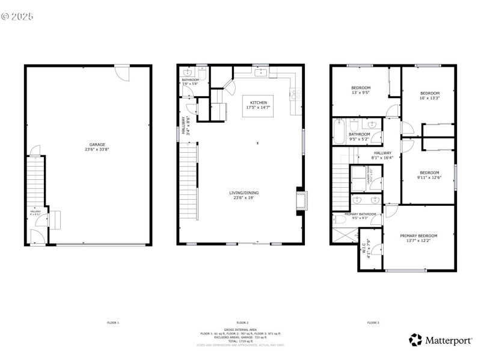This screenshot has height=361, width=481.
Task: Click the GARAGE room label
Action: (97, 144)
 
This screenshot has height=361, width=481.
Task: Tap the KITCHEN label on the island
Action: (258, 103)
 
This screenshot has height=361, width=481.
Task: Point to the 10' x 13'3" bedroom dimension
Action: (429, 98)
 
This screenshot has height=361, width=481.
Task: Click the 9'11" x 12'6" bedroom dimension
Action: (429, 177)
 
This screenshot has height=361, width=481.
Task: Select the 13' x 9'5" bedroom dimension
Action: (360, 93)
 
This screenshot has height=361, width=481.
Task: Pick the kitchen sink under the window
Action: (261, 73)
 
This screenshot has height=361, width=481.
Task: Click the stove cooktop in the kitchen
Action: (295, 93)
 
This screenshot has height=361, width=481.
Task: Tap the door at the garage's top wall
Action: (122, 73)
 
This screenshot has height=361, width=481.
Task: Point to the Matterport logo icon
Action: (415, 340)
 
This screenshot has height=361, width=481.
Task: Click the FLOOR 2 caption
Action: (242, 323)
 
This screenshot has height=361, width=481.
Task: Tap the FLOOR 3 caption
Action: (373, 323)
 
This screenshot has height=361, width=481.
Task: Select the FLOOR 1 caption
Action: (113, 323)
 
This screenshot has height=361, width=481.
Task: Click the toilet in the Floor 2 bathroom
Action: (203, 75)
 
